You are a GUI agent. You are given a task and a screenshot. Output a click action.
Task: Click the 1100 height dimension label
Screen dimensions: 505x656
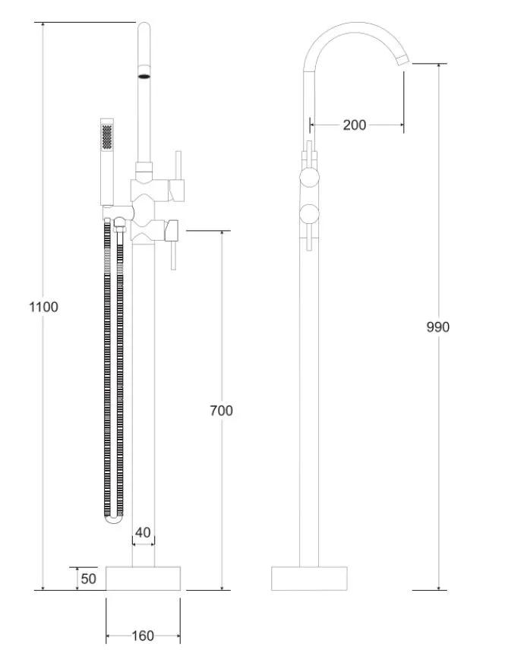[x=43, y=307]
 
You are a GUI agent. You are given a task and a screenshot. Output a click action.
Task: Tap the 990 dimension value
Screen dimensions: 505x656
[x=437, y=326]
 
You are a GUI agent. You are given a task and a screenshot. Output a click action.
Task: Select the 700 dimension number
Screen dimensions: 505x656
[x=221, y=411]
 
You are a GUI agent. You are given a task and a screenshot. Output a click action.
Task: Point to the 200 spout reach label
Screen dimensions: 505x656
[x=355, y=125]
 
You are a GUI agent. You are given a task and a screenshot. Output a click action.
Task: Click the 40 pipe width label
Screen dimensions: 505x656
[x=143, y=532]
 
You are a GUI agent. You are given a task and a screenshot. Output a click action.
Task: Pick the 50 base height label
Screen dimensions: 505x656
[x=88, y=579]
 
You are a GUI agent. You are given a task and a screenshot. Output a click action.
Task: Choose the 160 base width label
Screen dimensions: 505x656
[x=143, y=636]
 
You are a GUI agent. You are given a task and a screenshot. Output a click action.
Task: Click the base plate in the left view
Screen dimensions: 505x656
[x=143, y=579]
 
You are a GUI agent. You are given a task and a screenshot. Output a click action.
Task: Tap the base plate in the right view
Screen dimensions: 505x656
[x=309, y=579]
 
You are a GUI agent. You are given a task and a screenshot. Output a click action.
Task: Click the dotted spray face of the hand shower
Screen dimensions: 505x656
[x=107, y=136]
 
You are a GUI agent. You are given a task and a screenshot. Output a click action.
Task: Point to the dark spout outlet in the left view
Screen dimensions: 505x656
[x=144, y=76]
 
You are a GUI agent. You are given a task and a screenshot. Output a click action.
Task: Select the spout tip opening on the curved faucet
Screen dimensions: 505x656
[x=402, y=60]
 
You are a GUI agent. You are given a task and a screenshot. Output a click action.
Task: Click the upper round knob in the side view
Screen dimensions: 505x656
[x=310, y=177]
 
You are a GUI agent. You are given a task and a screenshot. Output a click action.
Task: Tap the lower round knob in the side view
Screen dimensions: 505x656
[x=310, y=213]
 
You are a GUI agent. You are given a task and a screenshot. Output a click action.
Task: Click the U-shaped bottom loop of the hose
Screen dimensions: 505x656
[x=113, y=519]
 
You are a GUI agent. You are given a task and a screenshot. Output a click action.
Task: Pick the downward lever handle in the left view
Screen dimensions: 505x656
[x=173, y=255]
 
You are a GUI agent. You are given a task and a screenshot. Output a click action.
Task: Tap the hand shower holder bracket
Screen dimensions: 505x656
[x=118, y=213]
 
